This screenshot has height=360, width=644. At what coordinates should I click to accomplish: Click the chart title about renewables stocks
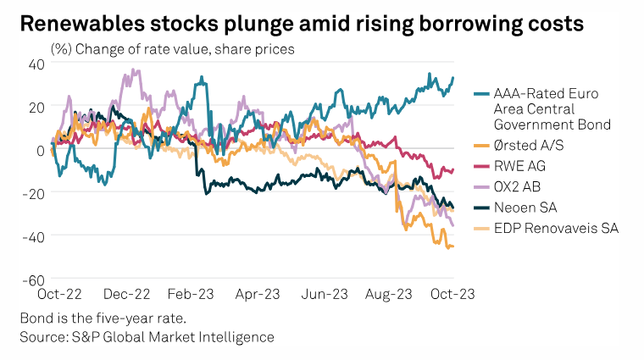click(302, 24)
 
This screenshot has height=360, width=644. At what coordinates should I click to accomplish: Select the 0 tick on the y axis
click(40, 150)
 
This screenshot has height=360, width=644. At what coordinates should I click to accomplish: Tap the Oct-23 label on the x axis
click(453, 294)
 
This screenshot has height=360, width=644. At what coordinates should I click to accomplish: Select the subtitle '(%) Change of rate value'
click(173, 49)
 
